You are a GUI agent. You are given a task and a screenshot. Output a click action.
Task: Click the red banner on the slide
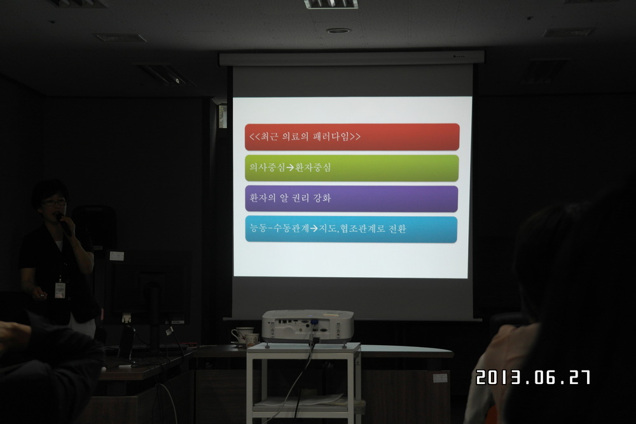(x=352, y=137)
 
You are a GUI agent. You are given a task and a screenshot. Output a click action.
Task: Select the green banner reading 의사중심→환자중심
(x=352, y=168)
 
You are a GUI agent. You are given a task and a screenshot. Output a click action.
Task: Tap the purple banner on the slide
(x=351, y=198)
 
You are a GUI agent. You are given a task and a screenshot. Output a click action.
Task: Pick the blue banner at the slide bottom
(x=351, y=229)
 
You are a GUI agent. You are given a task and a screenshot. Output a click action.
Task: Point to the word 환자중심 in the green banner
(x=313, y=167)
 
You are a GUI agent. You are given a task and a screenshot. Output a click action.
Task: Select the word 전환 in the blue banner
(x=397, y=229)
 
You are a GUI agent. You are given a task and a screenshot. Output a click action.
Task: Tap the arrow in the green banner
(x=290, y=167)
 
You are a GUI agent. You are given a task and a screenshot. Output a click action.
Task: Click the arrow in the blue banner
(x=314, y=229)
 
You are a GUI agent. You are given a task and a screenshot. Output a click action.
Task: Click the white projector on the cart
(x=307, y=326)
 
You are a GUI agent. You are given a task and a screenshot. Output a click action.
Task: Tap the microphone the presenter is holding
(x=64, y=223)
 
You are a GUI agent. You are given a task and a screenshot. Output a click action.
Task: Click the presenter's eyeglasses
(x=54, y=203)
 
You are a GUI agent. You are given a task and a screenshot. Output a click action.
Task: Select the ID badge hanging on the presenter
(x=60, y=290)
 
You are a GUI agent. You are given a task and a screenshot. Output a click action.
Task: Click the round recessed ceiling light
(x=338, y=31)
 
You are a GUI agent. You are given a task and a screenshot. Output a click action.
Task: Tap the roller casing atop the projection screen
(x=352, y=58)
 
